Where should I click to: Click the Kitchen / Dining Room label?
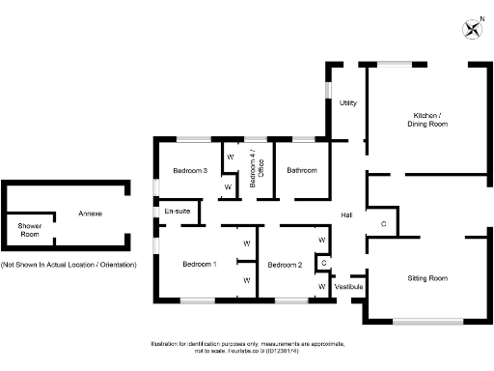(x=425, y=120)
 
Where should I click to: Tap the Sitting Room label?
(x=427, y=278)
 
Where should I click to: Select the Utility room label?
(x=348, y=102)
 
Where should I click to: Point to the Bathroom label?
(x=301, y=171)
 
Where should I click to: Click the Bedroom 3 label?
(x=190, y=171)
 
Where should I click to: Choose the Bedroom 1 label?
(x=200, y=264)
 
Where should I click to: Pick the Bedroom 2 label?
(x=286, y=265)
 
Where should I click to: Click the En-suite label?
(x=176, y=211)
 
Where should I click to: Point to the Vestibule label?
(x=348, y=287)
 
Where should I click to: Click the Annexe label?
(x=91, y=213)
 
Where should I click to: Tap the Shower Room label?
(x=30, y=230)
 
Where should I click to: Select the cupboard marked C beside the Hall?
(x=383, y=224)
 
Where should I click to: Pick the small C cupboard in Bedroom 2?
(x=323, y=262)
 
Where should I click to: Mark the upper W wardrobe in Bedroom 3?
(x=230, y=156)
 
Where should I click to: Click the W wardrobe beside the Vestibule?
(x=321, y=286)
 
